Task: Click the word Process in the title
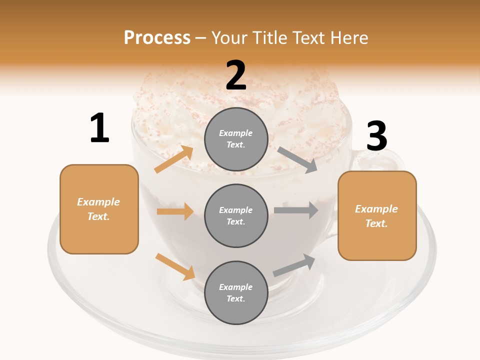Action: coord(157,37)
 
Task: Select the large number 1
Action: coord(99,128)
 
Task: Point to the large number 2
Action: coord(236,75)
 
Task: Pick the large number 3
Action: coord(376,136)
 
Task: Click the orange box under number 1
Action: coord(99,209)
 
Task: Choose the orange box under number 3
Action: coord(377,216)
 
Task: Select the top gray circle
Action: coord(236,139)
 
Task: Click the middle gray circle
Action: coord(236,216)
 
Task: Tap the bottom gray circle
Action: coord(236,293)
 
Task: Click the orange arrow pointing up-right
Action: coord(174,159)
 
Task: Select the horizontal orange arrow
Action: coord(175,211)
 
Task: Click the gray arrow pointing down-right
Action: coord(298,160)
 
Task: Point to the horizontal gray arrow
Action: coord(296,210)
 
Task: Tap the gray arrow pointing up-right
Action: coord(294,264)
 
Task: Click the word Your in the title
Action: coord(229,37)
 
